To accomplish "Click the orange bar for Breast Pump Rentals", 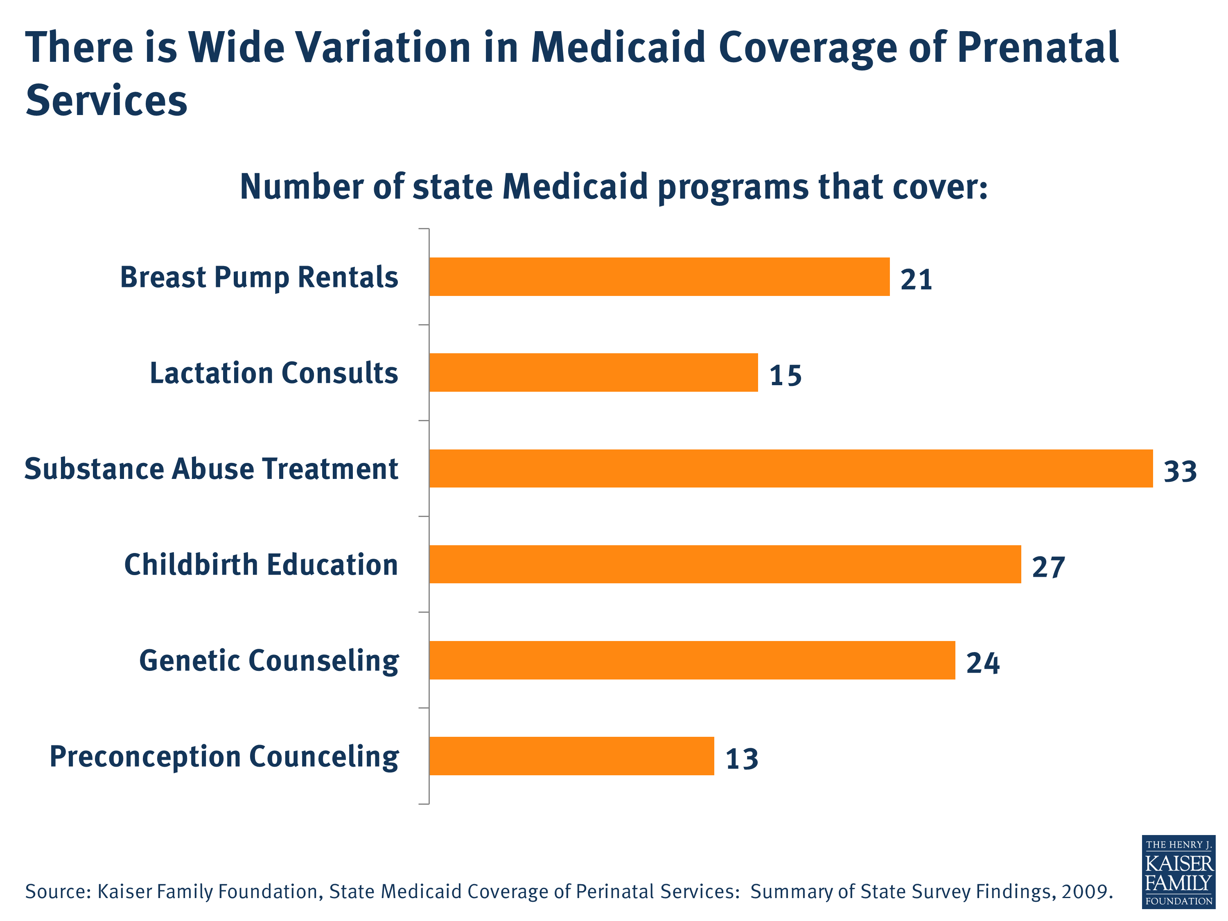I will [x=659, y=276].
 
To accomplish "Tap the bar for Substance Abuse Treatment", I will [x=790, y=469].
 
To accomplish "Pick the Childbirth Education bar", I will [x=725, y=564].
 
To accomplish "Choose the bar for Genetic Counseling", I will [x=692, y=660].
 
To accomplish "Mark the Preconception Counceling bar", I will [x=571, y=756].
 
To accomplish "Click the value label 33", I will [x=1180, y=471].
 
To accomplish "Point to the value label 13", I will [x=742, y=759].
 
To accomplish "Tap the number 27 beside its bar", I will [x=1048, y=567].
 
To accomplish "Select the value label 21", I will [x=916, y=279].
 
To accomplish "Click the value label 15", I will [x=785, y=375].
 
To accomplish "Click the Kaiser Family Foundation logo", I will [x=1178, y=871].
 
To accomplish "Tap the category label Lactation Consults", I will [x=274, y=373].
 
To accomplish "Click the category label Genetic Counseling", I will [x=269, y=661].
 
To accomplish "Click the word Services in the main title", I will [x=106, y=101].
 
